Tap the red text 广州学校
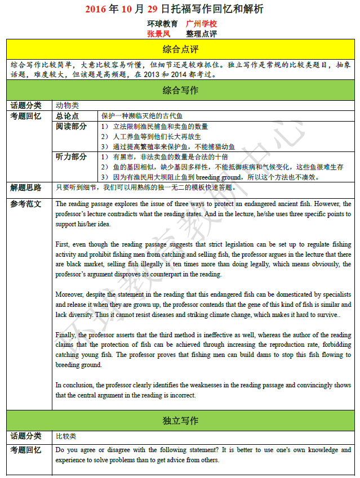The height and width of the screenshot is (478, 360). point(201,24)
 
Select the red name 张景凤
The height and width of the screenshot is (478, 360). point(158,33)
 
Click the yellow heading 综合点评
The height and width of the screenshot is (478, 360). point(180,48)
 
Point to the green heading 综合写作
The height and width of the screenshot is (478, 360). point(180,90)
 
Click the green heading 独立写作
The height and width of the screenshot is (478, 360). point(180,421)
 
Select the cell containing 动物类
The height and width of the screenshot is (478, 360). point(67,105)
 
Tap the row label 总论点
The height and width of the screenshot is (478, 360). point(67,115)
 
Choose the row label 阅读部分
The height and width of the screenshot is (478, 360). point(71,126)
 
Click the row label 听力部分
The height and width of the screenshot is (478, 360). point(71,157)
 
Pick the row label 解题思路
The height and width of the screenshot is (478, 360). point(26,187)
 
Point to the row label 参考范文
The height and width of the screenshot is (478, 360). point(26,204)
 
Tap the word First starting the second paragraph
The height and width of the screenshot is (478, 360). point(62,244)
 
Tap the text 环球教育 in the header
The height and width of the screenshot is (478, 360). point(163,24)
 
